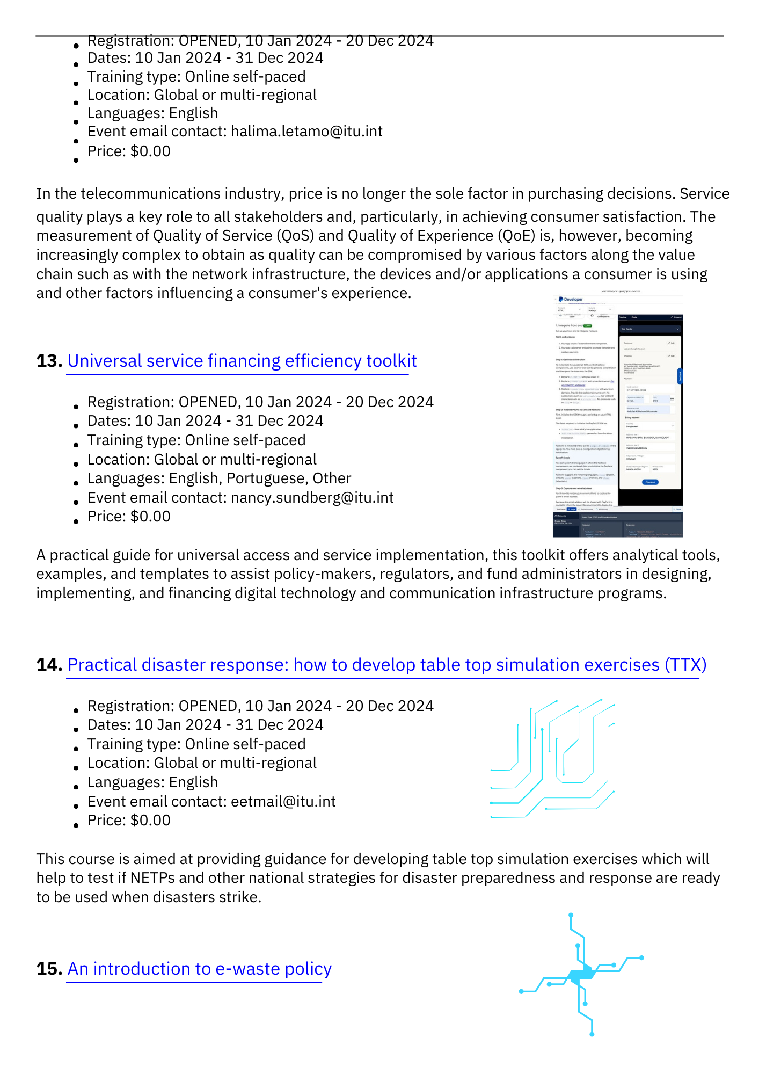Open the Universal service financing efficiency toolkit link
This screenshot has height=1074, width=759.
coord(242,361)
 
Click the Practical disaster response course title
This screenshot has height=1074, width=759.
coord(386,665)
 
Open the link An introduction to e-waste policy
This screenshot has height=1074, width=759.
coord(199,969)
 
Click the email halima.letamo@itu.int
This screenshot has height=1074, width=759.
coord(306,132)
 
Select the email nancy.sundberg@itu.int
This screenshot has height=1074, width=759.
coord(312,498)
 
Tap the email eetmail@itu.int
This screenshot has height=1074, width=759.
coord(283,802)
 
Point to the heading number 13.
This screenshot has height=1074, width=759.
coord(49,361)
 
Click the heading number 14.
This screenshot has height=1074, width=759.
coord(49,665)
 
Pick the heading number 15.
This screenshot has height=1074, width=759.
coord(49,969)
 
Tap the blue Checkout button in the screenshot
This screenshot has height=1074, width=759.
coord(650,482)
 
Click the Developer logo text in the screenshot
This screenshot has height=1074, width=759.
coord(573,300)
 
